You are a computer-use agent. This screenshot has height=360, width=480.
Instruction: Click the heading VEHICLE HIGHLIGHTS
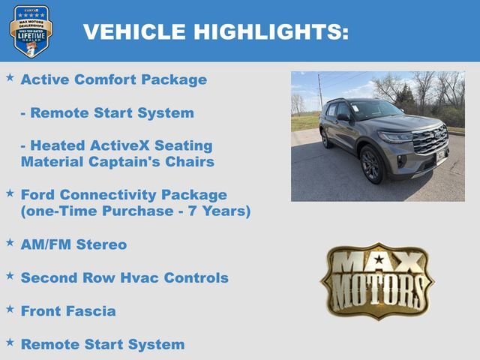click(215, 32)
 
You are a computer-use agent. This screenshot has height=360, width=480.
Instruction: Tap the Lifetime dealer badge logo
click(31, 31)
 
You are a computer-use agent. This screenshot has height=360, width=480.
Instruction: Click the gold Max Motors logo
click(377, 280)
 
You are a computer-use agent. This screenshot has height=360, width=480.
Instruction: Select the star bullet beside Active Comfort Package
click(10, 77)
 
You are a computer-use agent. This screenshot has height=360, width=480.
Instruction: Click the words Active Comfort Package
click(113, 79)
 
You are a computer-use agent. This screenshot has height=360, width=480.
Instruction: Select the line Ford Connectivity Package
click(124, 195)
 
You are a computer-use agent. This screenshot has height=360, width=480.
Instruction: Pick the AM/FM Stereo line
click(73, 244)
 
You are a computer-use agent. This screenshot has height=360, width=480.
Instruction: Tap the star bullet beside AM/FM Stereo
click(10, 242)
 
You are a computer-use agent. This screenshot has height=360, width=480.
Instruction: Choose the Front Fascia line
click(68, 310)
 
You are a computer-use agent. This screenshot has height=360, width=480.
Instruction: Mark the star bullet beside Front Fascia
click(10, 308)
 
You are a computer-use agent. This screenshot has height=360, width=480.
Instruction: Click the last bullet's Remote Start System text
click(102, 345)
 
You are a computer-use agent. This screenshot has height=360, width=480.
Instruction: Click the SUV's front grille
click(430, 140)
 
